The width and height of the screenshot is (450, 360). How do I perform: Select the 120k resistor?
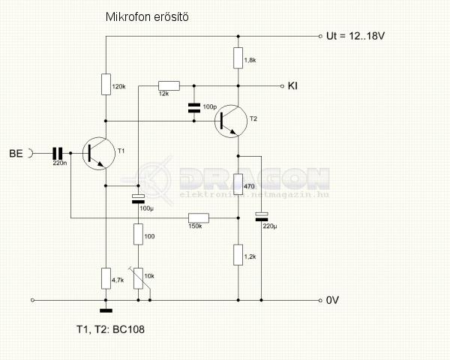click(106, 84)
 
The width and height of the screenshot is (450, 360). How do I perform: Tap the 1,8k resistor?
click(238, 57)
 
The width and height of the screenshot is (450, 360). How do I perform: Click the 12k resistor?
click(169, 85)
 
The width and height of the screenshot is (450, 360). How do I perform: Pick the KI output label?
click(293, 85)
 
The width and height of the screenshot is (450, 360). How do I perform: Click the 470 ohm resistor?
click(238, 183)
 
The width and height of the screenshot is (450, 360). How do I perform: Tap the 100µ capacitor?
click(138, 199)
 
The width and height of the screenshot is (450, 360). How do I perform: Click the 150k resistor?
click(198, 218)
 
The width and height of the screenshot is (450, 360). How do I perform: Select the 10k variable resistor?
click(138, 278)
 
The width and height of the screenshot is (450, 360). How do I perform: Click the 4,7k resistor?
click(106, 279)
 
